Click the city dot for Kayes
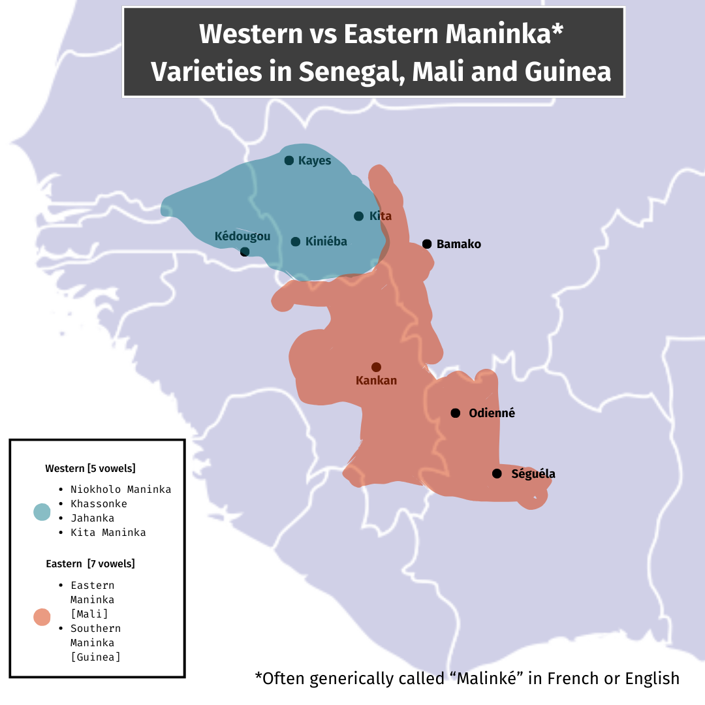coord(289,161)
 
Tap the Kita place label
coord(380,216)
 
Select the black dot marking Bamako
coord(427,244)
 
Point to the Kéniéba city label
coord(326,242)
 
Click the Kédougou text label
coord(242,236)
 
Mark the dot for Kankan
coord(376,368)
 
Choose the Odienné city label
coord(492,413)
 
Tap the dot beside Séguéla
coord(497,474)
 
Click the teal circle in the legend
coord(42,512)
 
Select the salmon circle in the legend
coord(42,617)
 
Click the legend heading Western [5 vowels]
coord(90,469)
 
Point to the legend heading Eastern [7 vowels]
coord(90,564)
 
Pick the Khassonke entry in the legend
coord(99,504)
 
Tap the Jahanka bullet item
coord(92,518)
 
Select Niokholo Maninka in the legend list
coord(121,490)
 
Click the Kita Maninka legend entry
coord(108,533)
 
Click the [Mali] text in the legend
coord(89,614)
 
